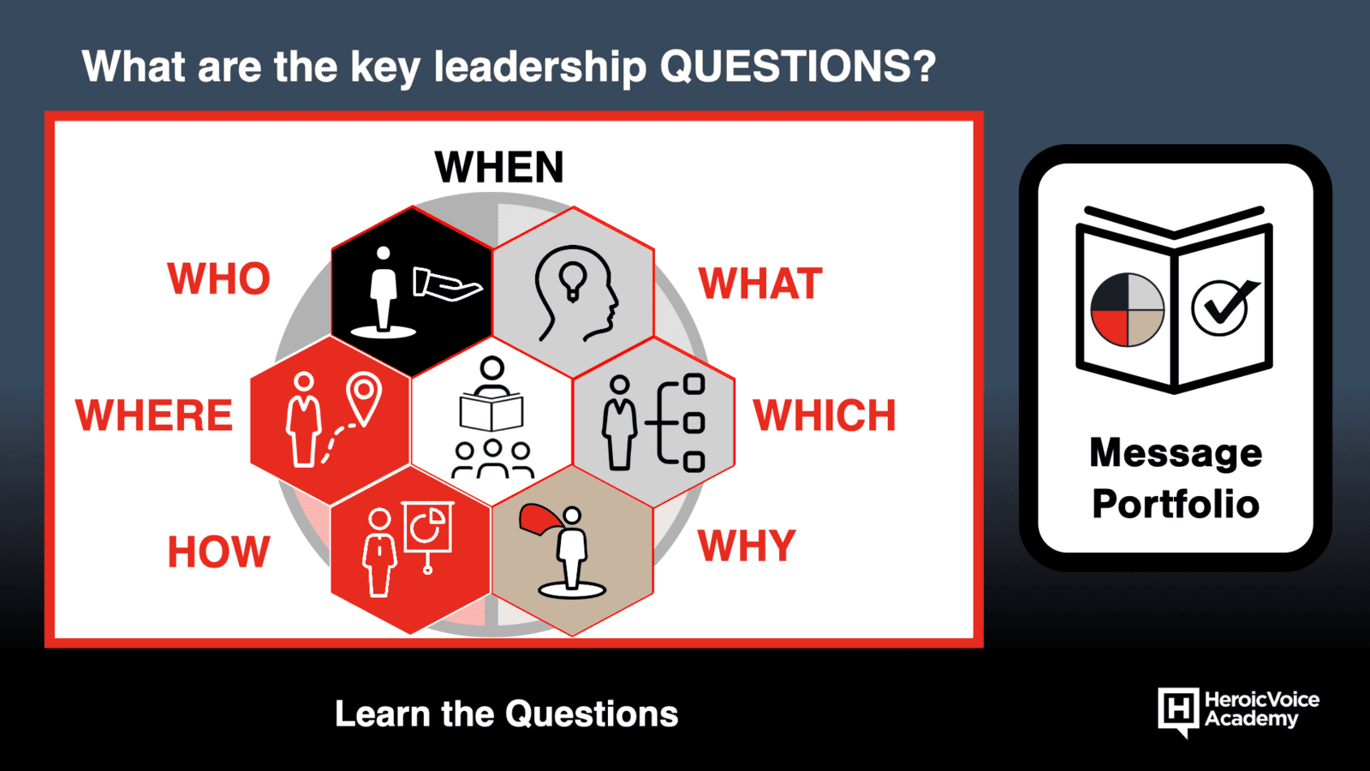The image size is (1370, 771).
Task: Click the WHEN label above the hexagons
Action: (499, 167)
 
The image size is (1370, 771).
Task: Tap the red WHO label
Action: (218, 279)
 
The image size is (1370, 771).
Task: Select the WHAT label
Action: (760, 284)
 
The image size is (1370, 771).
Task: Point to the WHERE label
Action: (153, 415)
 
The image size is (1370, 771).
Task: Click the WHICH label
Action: (824, 415)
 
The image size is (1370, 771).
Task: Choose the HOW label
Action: (218, 552)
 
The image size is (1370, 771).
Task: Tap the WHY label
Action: (747, 545)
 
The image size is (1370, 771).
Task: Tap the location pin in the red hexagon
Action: (364, 397)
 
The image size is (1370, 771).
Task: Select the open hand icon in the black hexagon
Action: (447, 284)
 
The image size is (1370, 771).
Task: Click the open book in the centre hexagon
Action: (491, 414)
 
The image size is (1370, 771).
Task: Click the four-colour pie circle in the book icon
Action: (1127, 310)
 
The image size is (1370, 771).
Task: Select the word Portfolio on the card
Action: (1176, 505)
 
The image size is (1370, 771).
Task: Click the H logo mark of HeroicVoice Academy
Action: (1178, 712)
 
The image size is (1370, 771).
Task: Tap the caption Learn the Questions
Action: (506, 714)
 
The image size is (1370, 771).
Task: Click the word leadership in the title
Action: (540, 67)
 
